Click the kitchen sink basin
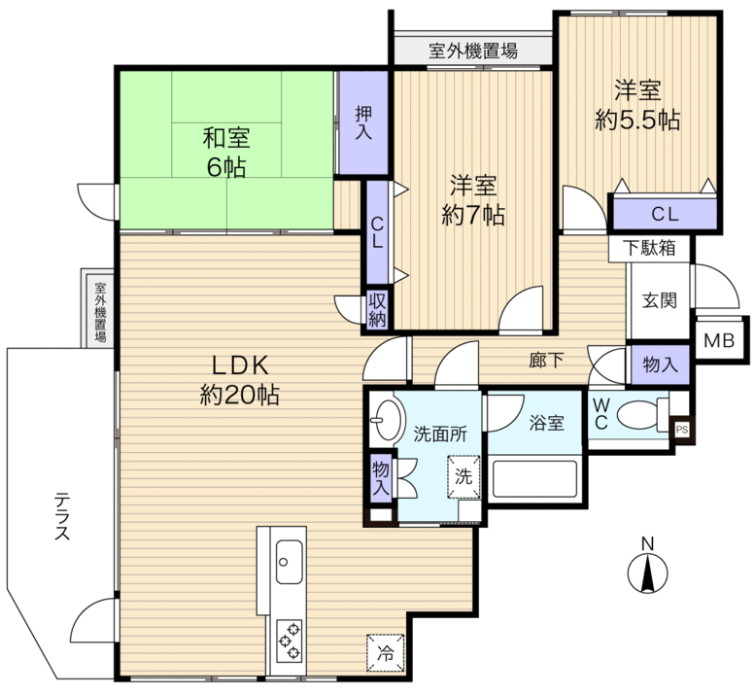coord(289,562)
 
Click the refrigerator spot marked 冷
coord(385,653)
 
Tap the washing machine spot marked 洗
coord(463,476)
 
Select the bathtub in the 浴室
coord(534,479)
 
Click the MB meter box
coord(719,340)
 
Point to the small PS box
coord(682,430)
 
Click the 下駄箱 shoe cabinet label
coord(649,248)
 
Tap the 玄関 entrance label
coord(660,300)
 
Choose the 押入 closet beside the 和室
coord(363,122)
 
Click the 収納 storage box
coord(377,309)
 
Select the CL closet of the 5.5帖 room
coord(665,214)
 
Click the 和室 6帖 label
coord(226,153)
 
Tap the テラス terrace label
coord(62,516)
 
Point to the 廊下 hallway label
coord(546,360)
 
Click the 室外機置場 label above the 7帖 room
coord(473,51)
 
